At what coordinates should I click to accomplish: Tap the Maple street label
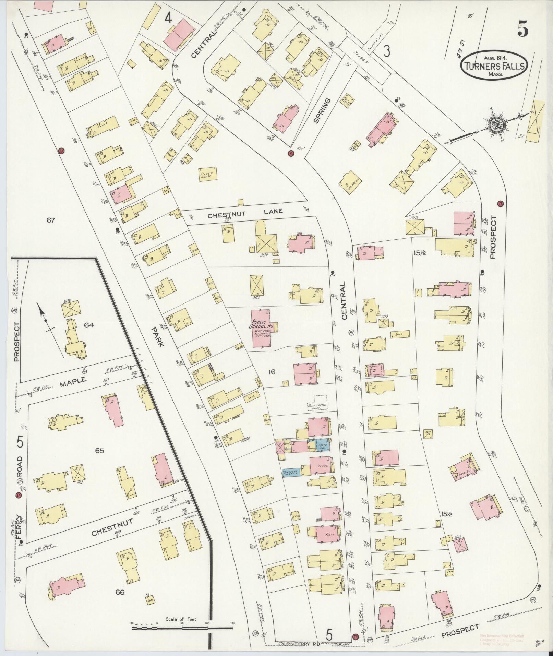[72, 381]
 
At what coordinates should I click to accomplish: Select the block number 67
[51, 220]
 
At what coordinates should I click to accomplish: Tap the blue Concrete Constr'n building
[291, 472]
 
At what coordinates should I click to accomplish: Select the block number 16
[272, 371]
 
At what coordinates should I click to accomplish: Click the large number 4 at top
[168, 18]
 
